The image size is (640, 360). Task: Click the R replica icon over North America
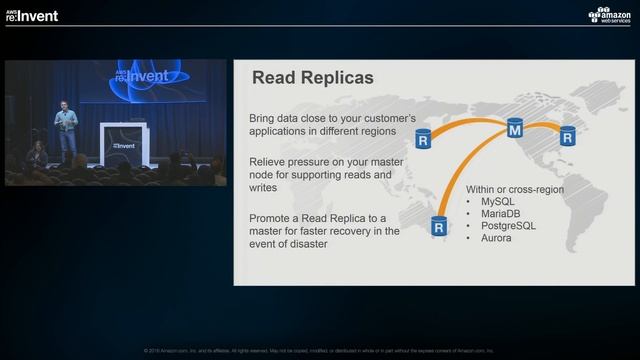[424, 138]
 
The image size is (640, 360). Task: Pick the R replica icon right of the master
[567, 137]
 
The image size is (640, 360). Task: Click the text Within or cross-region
[514, 189]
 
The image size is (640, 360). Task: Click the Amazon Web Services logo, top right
[610, 15]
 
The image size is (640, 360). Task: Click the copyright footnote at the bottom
[320, 351]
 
